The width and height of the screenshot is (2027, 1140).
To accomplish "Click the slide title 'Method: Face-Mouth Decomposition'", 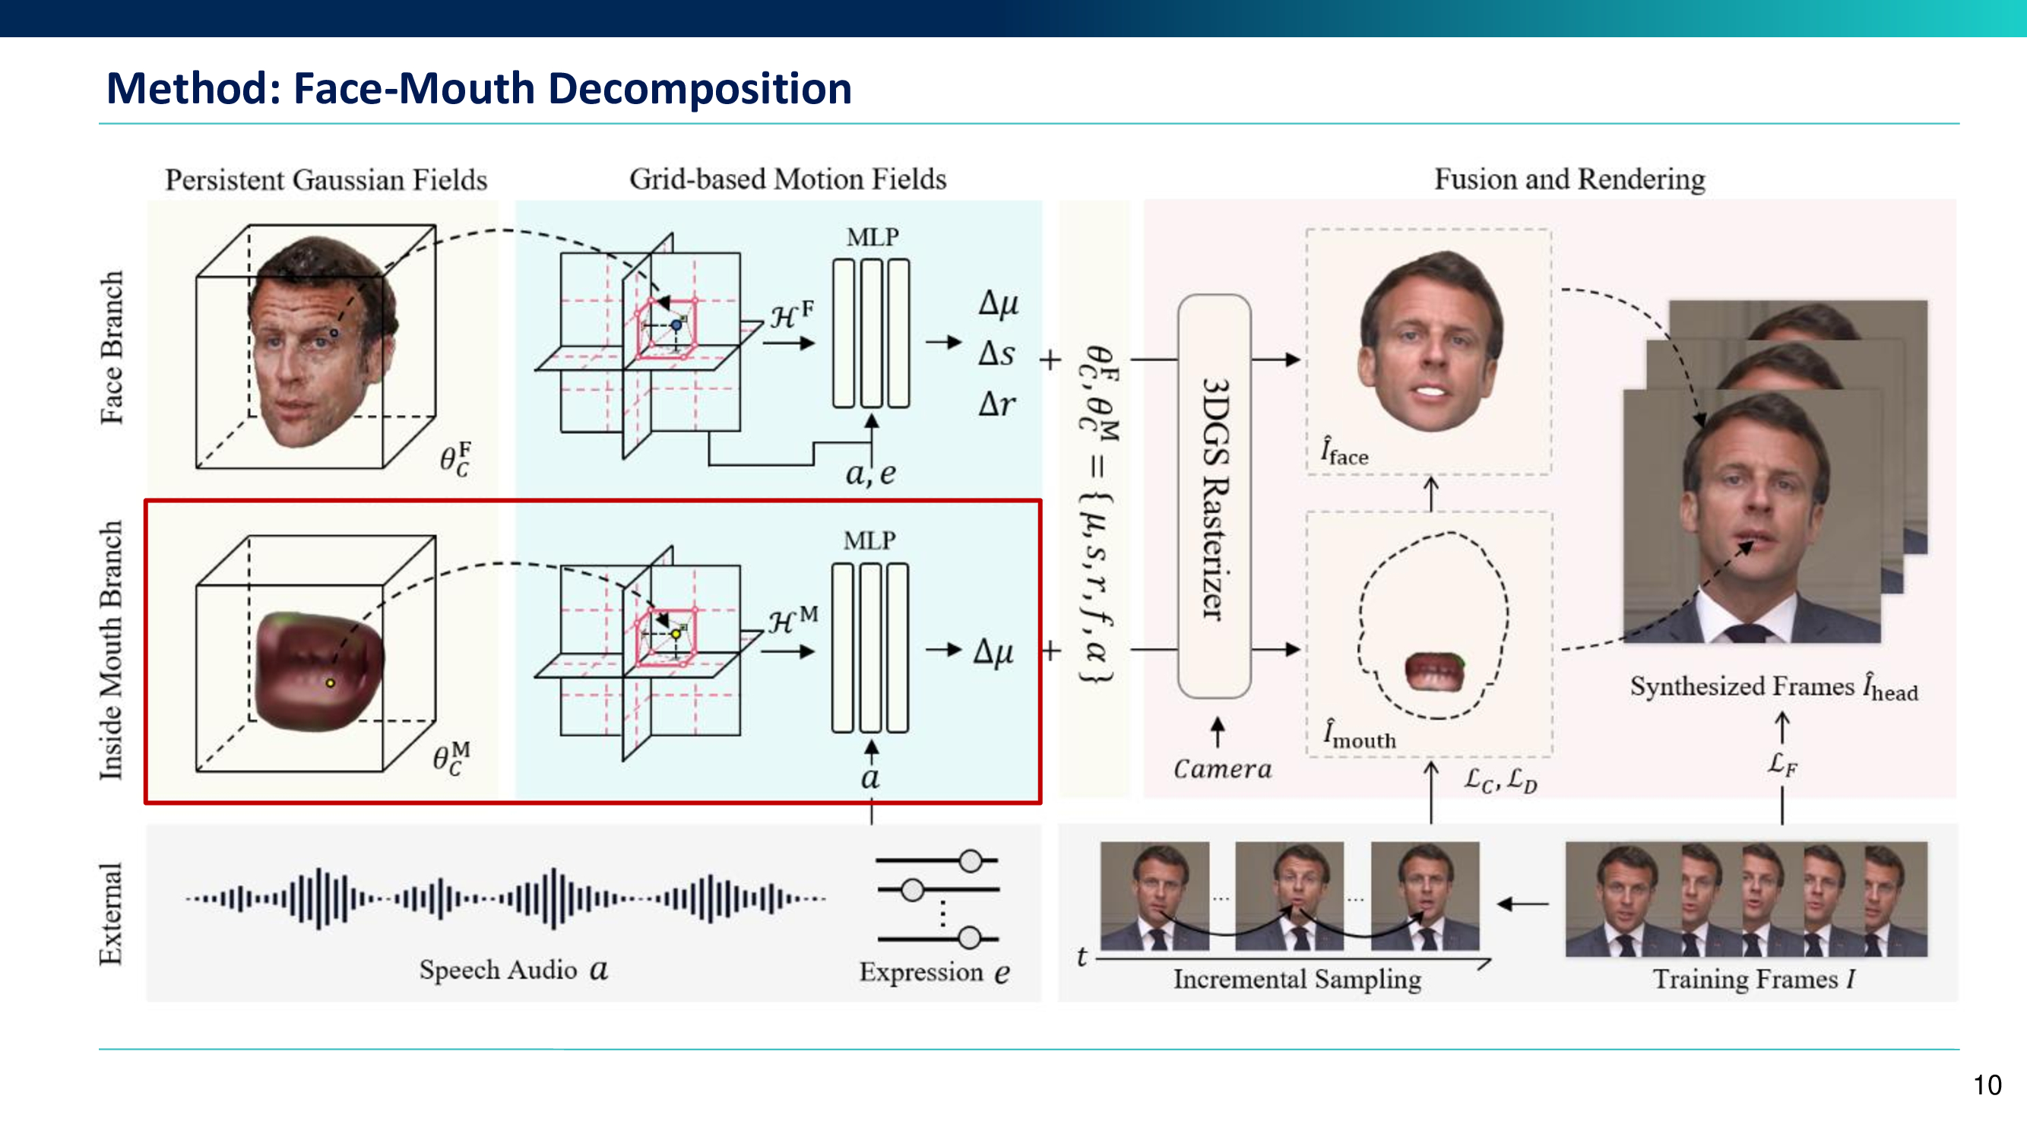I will point(478,88).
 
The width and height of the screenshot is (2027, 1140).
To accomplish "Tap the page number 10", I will point(1987,1085).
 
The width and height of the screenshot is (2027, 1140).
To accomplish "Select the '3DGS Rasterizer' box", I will point(1215,497).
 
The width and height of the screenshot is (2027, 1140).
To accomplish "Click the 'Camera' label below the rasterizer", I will point(1222,768).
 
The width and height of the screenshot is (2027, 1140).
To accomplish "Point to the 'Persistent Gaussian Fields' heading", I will point(326,180).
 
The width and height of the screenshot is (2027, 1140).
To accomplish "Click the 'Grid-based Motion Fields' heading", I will point(787,179).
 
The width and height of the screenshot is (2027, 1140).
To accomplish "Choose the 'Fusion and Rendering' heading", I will point(1569,179).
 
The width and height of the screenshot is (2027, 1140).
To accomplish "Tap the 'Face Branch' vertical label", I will point(112,348).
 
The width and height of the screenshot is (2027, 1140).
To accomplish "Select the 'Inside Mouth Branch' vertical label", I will point(112,650).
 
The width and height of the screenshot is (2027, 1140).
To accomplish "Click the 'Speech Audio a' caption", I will point(513,969).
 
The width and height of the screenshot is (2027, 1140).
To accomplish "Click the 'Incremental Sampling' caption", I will point(1297,979).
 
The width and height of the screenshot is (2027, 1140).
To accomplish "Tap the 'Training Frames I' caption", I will point(1753,979).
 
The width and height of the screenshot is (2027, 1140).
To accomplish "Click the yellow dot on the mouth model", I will point(331,683).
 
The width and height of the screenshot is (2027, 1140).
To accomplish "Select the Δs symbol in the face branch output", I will point(996,354).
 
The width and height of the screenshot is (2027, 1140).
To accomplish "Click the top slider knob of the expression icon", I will point(971,861).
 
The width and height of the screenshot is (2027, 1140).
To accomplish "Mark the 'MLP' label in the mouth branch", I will point(869,540).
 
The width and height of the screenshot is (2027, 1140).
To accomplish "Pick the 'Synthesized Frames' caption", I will point(1773,688).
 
